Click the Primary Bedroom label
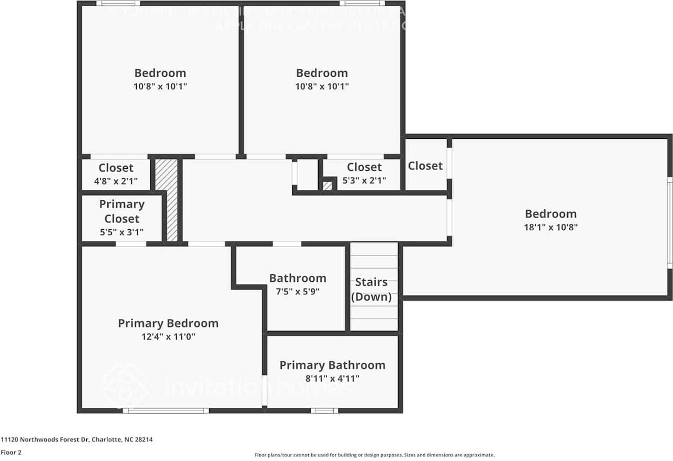(x=168, y=323)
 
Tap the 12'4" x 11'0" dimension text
(x=168, y=337)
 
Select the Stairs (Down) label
(x=371, y=289)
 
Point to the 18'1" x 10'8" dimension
(x=551, y=228)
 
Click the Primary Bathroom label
(x=332, y=365)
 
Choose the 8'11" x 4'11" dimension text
(x=332, y=378)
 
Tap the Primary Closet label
(x=121, y=211)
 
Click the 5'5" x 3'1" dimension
(x=121, y=232)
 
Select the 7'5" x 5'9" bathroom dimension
(x=298, y=292)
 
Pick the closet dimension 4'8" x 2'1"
(x=116, y=181)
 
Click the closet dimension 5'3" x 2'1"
(x=364, y=180)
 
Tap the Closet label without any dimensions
(x=425, y=166)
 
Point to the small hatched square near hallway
(x=328, y=186)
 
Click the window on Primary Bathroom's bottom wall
(x=324, y=411)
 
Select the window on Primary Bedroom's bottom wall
(x=166, y=411)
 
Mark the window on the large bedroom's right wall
(x=670, y=223)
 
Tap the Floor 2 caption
(x=11, y=452)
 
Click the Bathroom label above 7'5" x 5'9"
(x=298, y=278)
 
